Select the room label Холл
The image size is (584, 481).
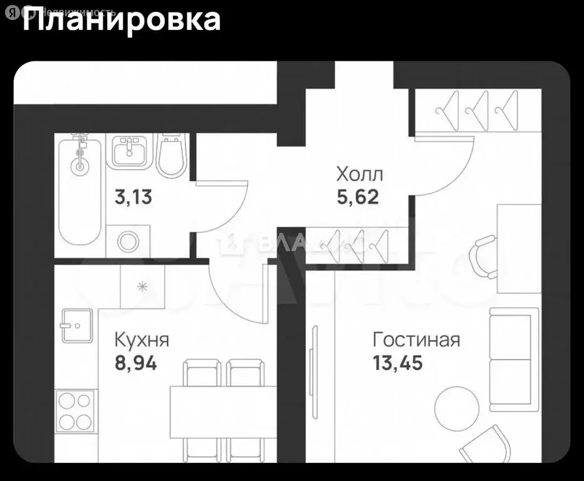(359, 173)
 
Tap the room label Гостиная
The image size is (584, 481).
(416, 340)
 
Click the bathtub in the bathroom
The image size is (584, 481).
(80, 191)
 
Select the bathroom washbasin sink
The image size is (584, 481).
(130, 150)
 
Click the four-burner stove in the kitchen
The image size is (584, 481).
(75, 410)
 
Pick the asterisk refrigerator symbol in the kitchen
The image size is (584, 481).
(142, 287)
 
